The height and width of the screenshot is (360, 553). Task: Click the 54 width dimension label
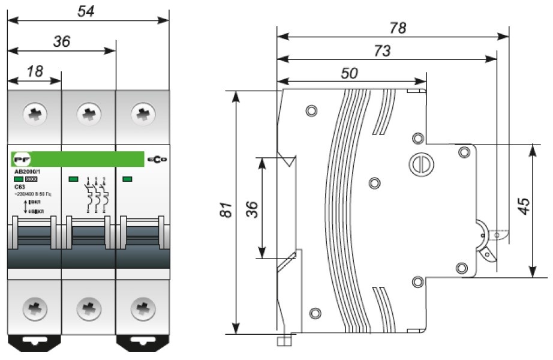click(89, 10)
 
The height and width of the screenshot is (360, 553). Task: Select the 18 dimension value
click(35, 71)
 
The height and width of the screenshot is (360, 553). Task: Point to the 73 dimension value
click(381, 51)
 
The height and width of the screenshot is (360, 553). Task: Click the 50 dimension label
click(350, 73)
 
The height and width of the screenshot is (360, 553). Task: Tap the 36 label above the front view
click(62, 41)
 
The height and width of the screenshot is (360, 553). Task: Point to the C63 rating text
click(19, 187)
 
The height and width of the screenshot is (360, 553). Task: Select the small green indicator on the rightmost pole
click(127, 179)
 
